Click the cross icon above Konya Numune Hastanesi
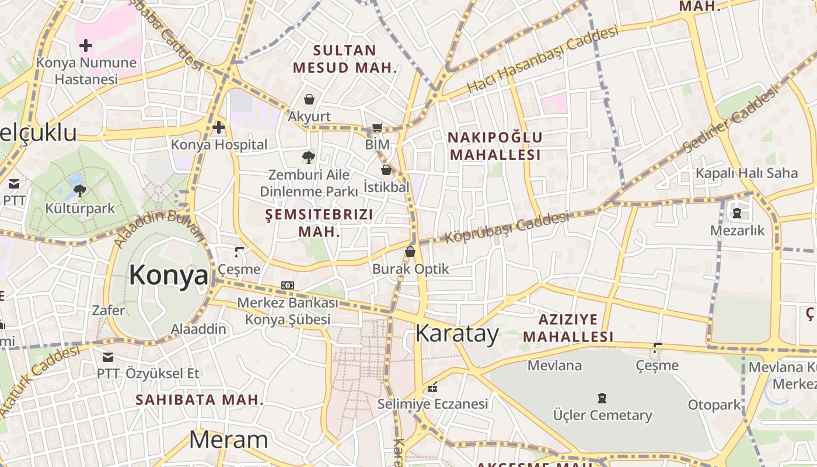click(x=86, y=45)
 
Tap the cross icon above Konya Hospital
click(x=219, y=127)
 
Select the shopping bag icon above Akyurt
click(x=309, y=99)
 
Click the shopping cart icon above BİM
click(x=377, y=127)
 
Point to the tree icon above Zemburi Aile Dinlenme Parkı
click(x=308, y=156)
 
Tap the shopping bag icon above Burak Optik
click(x=410, y=252)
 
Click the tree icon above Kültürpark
click(x=79, y=190)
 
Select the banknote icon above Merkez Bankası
click(x=288, y=285)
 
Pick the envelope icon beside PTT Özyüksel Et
click(x=108, y=357)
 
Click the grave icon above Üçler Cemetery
click(x=602, y=398)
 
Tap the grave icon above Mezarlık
click(x=736, y=214)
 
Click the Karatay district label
click(x=457, y=334)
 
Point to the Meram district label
click(x=228, y=440)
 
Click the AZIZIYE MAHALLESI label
click(x=568, y=328)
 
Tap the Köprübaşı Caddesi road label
click(x=507, y=228)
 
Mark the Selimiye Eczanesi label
click(x=432, y=403)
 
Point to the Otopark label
click(x=714, y=405)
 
